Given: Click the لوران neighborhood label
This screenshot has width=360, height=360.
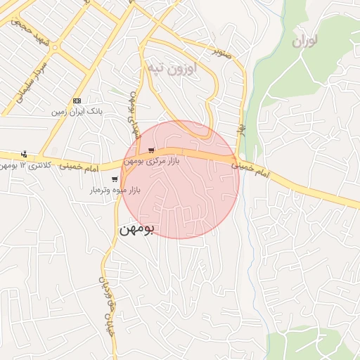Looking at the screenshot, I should click(x=304, y=41).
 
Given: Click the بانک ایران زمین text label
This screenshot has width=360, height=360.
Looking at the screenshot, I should click(x=78, y=112).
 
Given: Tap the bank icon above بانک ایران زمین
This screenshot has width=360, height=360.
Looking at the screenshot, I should click(x=77, y=100).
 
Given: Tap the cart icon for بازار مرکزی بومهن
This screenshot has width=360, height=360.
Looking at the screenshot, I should click(x=151, y=150).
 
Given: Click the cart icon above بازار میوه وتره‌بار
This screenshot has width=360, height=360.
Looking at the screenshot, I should click(x=114, y=179).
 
